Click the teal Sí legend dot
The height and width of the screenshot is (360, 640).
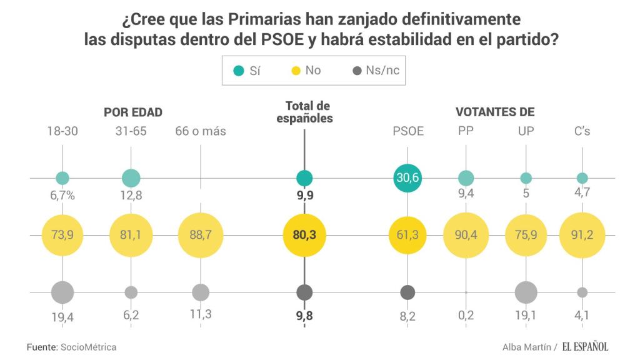(x=238, y=71)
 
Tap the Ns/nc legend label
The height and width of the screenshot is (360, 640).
(x=382, y=71)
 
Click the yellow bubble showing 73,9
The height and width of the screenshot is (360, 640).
(x=62, y=235)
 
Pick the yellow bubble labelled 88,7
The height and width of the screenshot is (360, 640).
(x=201, y=235)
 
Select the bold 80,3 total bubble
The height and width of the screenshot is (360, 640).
(x=304, y=235)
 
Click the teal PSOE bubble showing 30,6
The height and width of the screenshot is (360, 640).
(x=407, y=178)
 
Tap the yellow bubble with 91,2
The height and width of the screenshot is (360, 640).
(x=582, y=235)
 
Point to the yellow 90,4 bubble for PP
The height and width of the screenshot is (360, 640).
(x=466, y=235)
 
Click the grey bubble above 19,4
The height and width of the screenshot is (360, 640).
(x=62, y=292)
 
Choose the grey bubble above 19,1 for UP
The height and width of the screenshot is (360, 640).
(x=526, y=292)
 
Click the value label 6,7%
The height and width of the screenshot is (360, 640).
(x=62, y=195)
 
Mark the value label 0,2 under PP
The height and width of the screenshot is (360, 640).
(x=466, y=315)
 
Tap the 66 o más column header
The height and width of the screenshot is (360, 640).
(x=201, y=131)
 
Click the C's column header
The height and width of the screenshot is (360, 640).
(x=582, y=131)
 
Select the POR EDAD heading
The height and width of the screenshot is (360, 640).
(x=133, y=112)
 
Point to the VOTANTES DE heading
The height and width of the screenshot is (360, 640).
(x=495, y=112)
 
